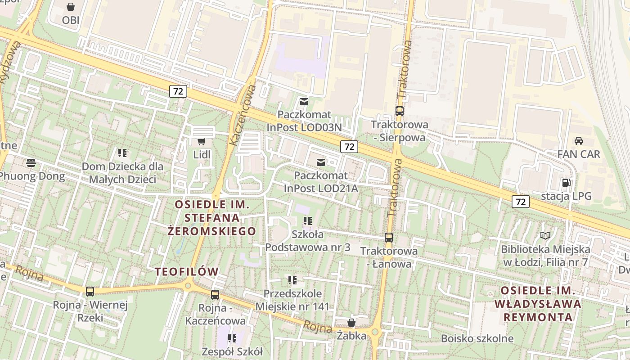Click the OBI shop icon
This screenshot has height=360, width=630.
(x=71, y=7)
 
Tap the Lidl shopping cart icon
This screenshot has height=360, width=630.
(x=202, y=141)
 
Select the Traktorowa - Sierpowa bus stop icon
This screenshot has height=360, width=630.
(x=399, y=111)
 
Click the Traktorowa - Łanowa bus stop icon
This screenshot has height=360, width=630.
(x=389, y=237)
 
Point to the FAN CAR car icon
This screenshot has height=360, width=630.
(x=579, y=140)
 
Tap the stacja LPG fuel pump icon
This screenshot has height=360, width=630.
(x=566, y=183)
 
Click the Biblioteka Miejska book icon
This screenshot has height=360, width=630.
(x=545, y=235)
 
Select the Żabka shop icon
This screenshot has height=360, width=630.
(x=351, y=323)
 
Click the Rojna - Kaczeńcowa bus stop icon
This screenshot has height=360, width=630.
(x=215, y=295)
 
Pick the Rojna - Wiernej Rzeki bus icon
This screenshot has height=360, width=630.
(x=90, y=292)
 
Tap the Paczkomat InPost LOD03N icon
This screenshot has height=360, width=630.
(x=305, y=101)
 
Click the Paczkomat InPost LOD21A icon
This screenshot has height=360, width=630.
(x=321, y=162)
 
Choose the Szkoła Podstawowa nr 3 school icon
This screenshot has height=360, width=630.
(x=308, y=220)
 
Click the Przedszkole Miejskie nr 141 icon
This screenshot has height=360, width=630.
(x=292, y=280)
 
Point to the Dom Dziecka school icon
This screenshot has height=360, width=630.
(x=122, y=153)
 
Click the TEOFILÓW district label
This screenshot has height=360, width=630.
(x=187, y=272)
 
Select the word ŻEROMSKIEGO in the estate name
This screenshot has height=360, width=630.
(x=211, y=231)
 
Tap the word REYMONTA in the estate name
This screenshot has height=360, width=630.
(x=538, y=317)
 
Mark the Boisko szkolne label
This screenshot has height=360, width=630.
(x=477, y=338)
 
